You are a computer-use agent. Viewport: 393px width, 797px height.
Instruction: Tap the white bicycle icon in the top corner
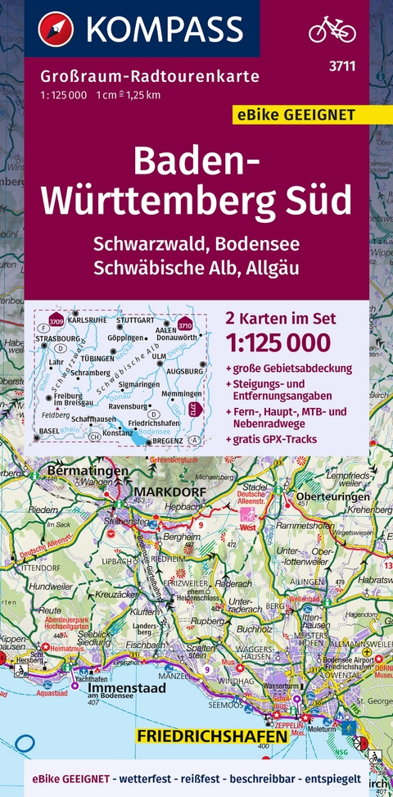[x=332, y=30]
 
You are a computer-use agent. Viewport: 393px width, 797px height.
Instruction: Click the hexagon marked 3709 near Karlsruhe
[x=56, y=319]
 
